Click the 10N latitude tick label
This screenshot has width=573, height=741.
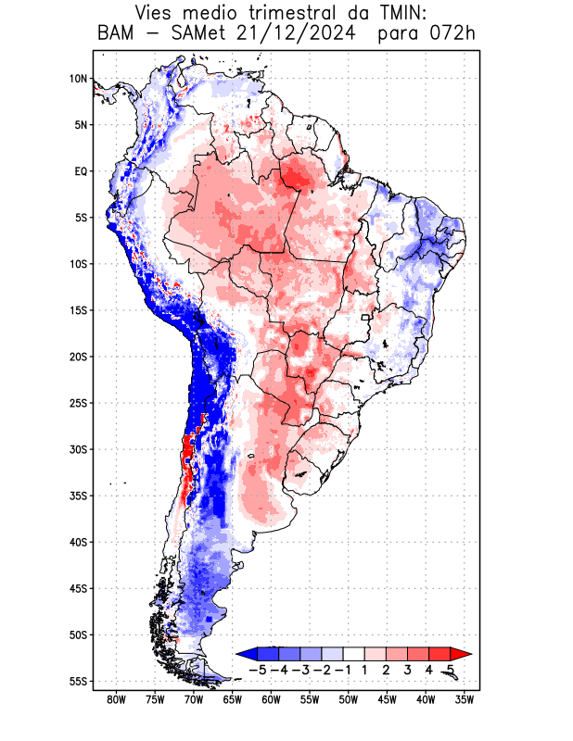pos(78,79)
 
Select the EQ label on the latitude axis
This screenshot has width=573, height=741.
pos(81,171)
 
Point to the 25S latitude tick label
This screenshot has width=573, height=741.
pos(78,403)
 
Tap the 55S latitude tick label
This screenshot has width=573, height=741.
pos(78,681)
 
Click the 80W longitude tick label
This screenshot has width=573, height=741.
pos(116,699)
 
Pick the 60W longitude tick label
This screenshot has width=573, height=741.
pos(271,699)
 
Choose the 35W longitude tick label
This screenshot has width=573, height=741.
pos(465,699)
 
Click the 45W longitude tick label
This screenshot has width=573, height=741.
pos(387,699)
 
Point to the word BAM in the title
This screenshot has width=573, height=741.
pos(116,35)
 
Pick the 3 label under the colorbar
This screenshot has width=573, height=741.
pos(408,670)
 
